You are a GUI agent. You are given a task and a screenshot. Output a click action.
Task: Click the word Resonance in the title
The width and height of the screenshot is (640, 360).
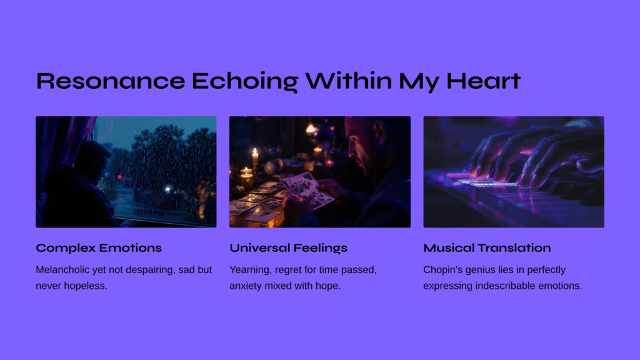[x=111, y=81]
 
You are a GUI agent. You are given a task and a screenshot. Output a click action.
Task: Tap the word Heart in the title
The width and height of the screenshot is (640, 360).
[x=483, y=81]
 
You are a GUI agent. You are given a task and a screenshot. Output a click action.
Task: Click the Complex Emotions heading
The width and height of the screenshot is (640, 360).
[x=99, y=248]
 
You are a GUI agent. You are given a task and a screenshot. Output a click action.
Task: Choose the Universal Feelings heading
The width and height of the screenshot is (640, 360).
[x=288, y=248]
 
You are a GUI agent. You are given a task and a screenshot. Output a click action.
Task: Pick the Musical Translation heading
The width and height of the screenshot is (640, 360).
[x=487, y=247]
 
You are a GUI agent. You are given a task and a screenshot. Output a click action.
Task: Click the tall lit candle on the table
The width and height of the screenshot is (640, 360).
[x=255, y=156]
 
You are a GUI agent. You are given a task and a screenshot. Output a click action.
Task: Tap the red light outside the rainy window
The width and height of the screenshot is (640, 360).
[x=119, y=177]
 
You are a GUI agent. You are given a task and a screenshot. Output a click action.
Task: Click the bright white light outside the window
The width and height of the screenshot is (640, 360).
[x=167, y=189]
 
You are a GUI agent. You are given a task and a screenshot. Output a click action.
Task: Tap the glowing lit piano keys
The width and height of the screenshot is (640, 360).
[x=486, y=183]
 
